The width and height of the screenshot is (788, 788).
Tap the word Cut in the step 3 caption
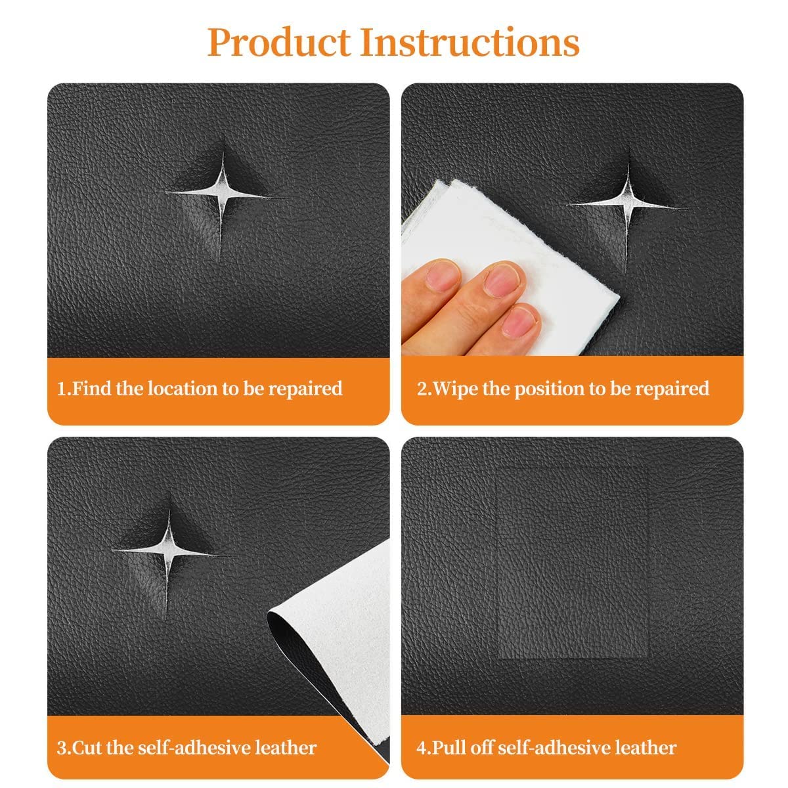[x=89, y=747]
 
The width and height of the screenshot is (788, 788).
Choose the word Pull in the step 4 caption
[x=450, y=747]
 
